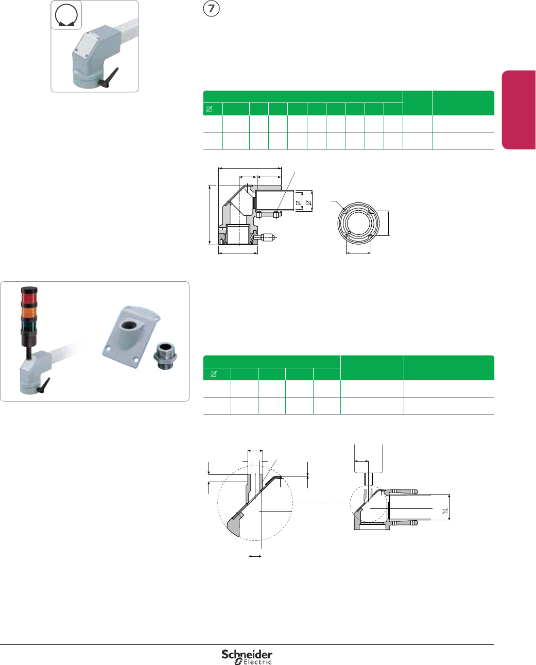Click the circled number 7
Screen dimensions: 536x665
point(211,9)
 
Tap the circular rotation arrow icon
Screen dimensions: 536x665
point(66,15)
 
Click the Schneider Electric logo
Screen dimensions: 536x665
point(247,656)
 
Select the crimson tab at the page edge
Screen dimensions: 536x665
point(518,110)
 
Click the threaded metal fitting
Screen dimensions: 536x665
point(165,355)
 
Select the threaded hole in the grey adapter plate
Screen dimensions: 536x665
point(127,326)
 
